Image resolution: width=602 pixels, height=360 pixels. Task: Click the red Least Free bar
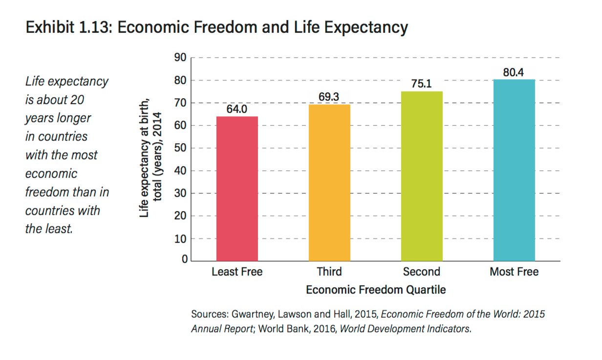coord(237,189)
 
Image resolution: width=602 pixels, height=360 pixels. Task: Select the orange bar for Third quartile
coord(329,183)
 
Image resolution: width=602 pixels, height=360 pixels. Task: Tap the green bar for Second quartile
coord(422,176)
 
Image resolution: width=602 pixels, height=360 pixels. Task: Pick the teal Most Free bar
coord(514,170)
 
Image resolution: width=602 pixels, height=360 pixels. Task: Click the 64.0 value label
coord(237,109)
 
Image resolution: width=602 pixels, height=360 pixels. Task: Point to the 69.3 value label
coord(329,97)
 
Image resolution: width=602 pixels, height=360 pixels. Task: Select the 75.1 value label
coord(421,84)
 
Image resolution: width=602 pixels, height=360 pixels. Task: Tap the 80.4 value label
coord(514,72)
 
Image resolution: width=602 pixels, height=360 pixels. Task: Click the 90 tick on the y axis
coord(180,57)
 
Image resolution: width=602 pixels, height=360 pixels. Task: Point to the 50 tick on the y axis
coord(180,148)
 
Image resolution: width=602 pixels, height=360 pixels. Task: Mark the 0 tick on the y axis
coord(185,259)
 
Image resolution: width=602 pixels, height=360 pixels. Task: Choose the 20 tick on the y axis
coord(180,215)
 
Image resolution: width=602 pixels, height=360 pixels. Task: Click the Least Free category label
coord(237,272)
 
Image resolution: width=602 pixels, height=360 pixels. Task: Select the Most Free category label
coord(514,272)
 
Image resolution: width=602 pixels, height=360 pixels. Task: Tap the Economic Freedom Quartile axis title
coord(376,290)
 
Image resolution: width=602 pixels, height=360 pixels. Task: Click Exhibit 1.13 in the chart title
coord(69,27)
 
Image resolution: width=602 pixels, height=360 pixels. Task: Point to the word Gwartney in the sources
coord(253,315)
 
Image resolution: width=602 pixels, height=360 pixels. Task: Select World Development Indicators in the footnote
coord(405,329)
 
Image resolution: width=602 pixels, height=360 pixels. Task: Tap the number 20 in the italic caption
coord(77,100)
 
